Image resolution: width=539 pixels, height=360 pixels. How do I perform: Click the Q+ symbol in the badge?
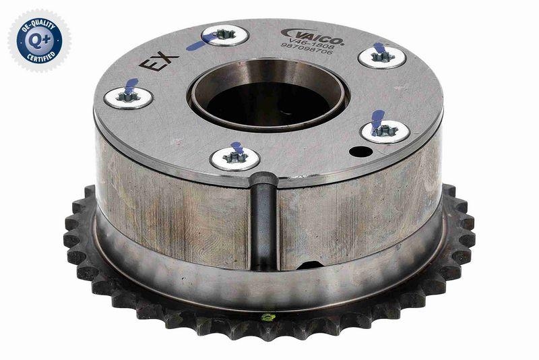tap(38, 39)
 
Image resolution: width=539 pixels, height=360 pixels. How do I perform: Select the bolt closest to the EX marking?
tap(128, 96)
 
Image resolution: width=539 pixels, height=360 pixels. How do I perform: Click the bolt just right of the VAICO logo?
tap(381, 56)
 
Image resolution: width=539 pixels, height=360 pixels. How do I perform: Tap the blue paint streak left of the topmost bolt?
tap(200, 44)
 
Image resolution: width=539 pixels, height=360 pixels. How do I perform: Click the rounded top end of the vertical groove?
tap(263, 179)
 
